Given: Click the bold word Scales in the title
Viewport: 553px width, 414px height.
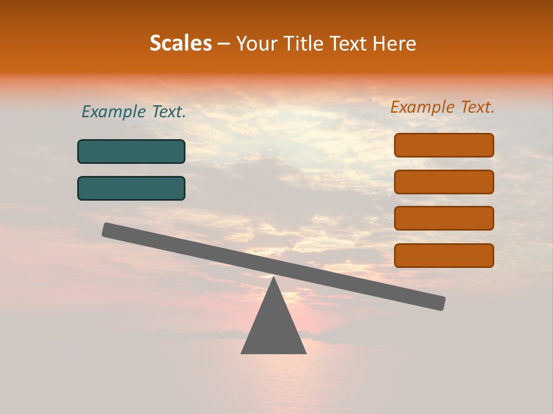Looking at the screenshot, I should [180, 43].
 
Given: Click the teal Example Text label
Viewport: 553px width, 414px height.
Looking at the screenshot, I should [134, 112].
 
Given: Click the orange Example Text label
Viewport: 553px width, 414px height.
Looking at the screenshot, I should [442, 107].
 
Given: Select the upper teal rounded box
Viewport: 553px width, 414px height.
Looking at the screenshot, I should [131, 151].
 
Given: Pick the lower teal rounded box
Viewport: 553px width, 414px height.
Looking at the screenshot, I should [131, 188].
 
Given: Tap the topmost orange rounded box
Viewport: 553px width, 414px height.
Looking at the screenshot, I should [444, 145].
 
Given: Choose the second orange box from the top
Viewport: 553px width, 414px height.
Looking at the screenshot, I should [444, 182].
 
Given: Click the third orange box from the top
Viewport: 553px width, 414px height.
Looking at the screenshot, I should [444, 218].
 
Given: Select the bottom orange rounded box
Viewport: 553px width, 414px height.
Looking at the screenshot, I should [444, 255].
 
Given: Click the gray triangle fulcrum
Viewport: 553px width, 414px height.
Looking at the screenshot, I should [274, 328].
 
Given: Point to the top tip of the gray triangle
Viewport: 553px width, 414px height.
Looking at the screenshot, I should [274, 278].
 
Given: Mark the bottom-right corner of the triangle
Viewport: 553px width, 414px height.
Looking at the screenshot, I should [305, 352].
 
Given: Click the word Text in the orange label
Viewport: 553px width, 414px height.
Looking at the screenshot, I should [476, 107].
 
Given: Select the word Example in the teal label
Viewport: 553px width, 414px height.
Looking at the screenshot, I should [114, 112].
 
